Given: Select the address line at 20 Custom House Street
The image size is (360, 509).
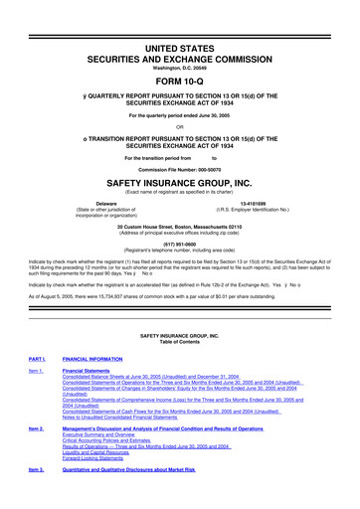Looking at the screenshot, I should tap(180, 228).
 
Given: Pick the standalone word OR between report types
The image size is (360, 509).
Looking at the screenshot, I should tap(180, 125).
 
